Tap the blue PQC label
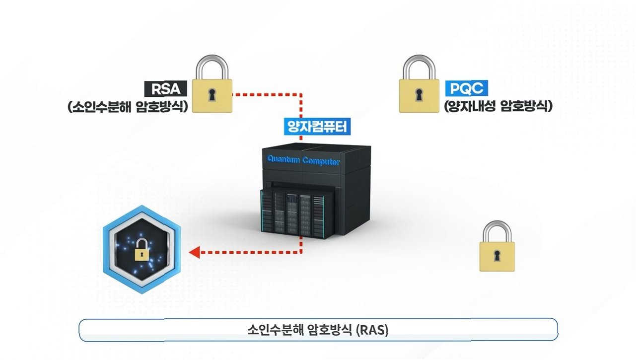point(467,89)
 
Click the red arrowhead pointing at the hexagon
point(195,252)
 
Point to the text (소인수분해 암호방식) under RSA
point(128,107)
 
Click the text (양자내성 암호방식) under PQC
point(498,106)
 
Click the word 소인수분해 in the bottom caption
point(270,330)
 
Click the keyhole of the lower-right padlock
point(497,256)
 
